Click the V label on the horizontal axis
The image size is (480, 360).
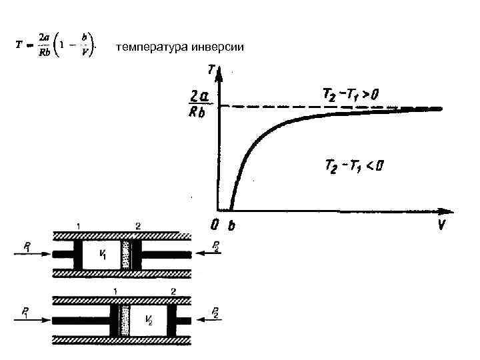coord(441,225)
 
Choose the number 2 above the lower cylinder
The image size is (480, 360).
coord(173,291)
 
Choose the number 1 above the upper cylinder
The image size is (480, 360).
coord(79,226)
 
